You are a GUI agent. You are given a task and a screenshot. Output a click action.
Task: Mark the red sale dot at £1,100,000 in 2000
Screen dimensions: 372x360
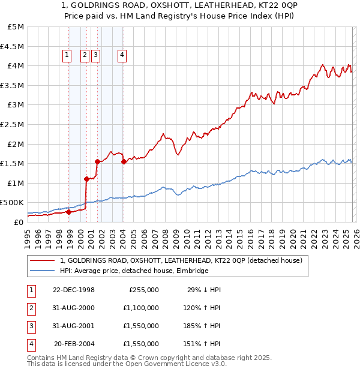coord(87,179)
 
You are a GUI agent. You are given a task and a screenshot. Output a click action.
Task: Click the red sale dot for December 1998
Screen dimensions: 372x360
coord(69,212)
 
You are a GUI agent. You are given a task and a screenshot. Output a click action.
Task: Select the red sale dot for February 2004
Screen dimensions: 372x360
coord(124,161)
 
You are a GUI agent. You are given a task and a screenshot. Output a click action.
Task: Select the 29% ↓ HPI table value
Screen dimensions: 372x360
coord(204,290)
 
